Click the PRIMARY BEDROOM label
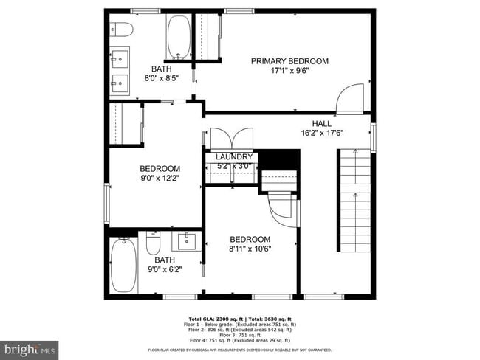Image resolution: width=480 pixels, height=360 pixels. coord(289,61)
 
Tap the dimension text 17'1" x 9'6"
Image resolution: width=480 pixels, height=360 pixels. coord(289,72)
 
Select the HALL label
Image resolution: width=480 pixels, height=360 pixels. coord(322,123)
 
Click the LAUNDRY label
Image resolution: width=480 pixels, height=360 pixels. coord(234,157)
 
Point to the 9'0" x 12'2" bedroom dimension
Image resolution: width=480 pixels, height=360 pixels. coord(160,178)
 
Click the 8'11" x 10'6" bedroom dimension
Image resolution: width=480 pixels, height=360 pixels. coord(250,249)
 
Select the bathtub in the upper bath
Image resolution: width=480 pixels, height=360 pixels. coord(179,35)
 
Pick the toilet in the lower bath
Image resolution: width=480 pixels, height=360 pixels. coord(154,243)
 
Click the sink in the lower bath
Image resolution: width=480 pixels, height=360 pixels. coord(186,241)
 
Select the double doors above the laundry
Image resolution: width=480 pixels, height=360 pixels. coord(232,141)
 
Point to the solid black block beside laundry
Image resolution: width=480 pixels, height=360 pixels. coord(281,159)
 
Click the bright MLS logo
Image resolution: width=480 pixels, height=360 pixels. coord(30,347)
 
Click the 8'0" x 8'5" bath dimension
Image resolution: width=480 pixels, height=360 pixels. coord(161,79)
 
